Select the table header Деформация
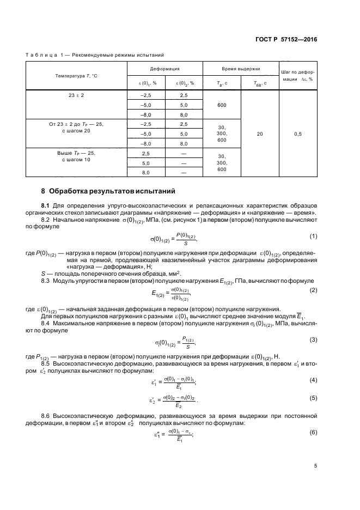(164, 69)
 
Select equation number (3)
(313, 340)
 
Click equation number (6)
(313, 432)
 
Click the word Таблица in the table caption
(41, 54)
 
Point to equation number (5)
(313, 399)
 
